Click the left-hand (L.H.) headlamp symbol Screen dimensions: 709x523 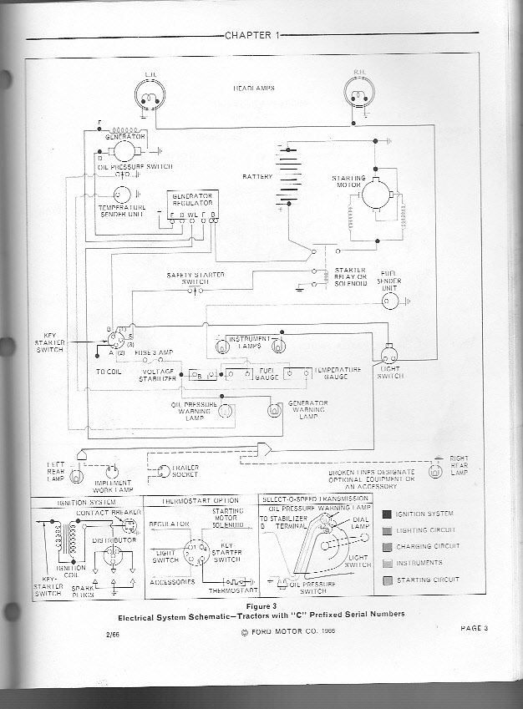pyautogui.click(x=151, y=99)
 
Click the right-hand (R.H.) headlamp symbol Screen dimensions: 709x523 pyautogui.click(x=362, y=99)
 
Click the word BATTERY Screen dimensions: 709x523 pyautogui.click(x=257, y=177)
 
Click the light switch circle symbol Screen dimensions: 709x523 pyautogui.click(x=389, y=354)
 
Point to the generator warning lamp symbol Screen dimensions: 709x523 pyautogui.click(x=273, y=410)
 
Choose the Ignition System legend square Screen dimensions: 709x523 pyautogui.click(x=387, y=514)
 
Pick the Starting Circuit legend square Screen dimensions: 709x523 pyautogui.click(x=387, y=580)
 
